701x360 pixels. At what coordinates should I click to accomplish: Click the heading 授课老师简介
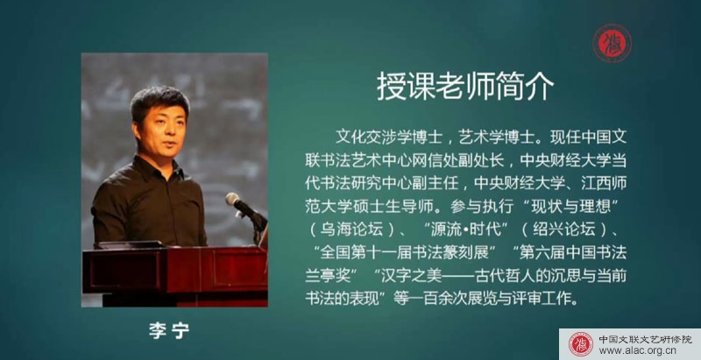click(465, 87)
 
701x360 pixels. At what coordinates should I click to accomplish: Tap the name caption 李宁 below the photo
click(169, 330)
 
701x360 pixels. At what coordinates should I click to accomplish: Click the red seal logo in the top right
click(612, 43)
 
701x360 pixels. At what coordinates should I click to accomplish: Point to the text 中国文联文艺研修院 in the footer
click(644, 339)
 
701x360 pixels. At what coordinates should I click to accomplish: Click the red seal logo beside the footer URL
click(581, 344)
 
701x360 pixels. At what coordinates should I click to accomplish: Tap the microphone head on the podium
click(232, 199)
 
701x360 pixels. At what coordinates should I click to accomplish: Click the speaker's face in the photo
click(160, 130)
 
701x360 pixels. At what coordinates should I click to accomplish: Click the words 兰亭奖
click(328, 276)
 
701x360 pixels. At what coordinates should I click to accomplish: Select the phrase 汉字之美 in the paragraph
click(411, 276)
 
